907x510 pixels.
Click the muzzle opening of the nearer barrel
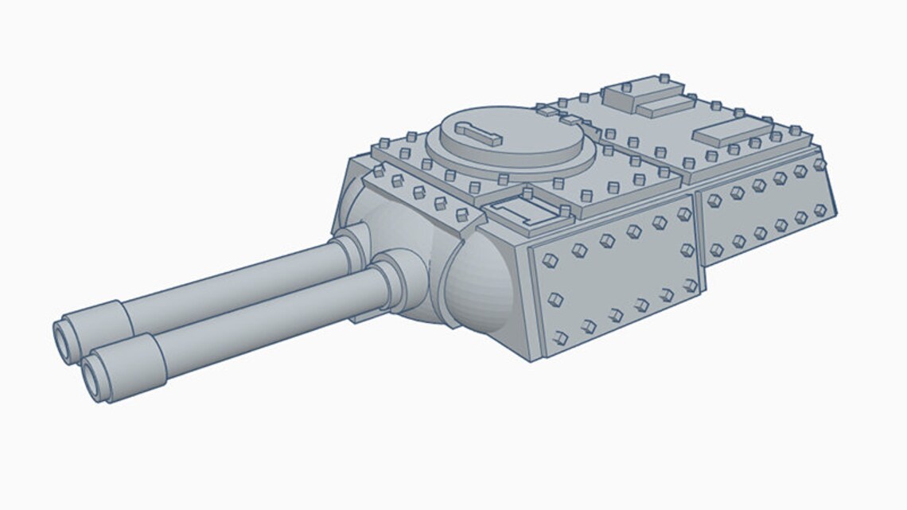coord(93,374)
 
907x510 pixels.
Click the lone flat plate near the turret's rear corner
coord(733,132)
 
